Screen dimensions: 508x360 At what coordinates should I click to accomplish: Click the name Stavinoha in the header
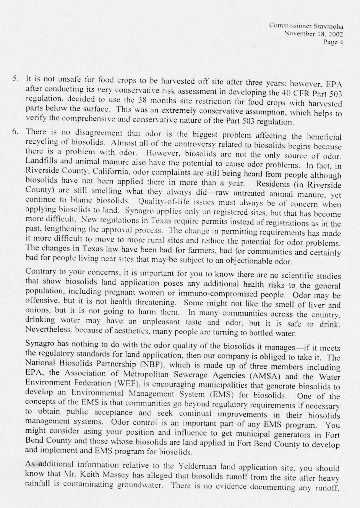click(328, 26)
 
